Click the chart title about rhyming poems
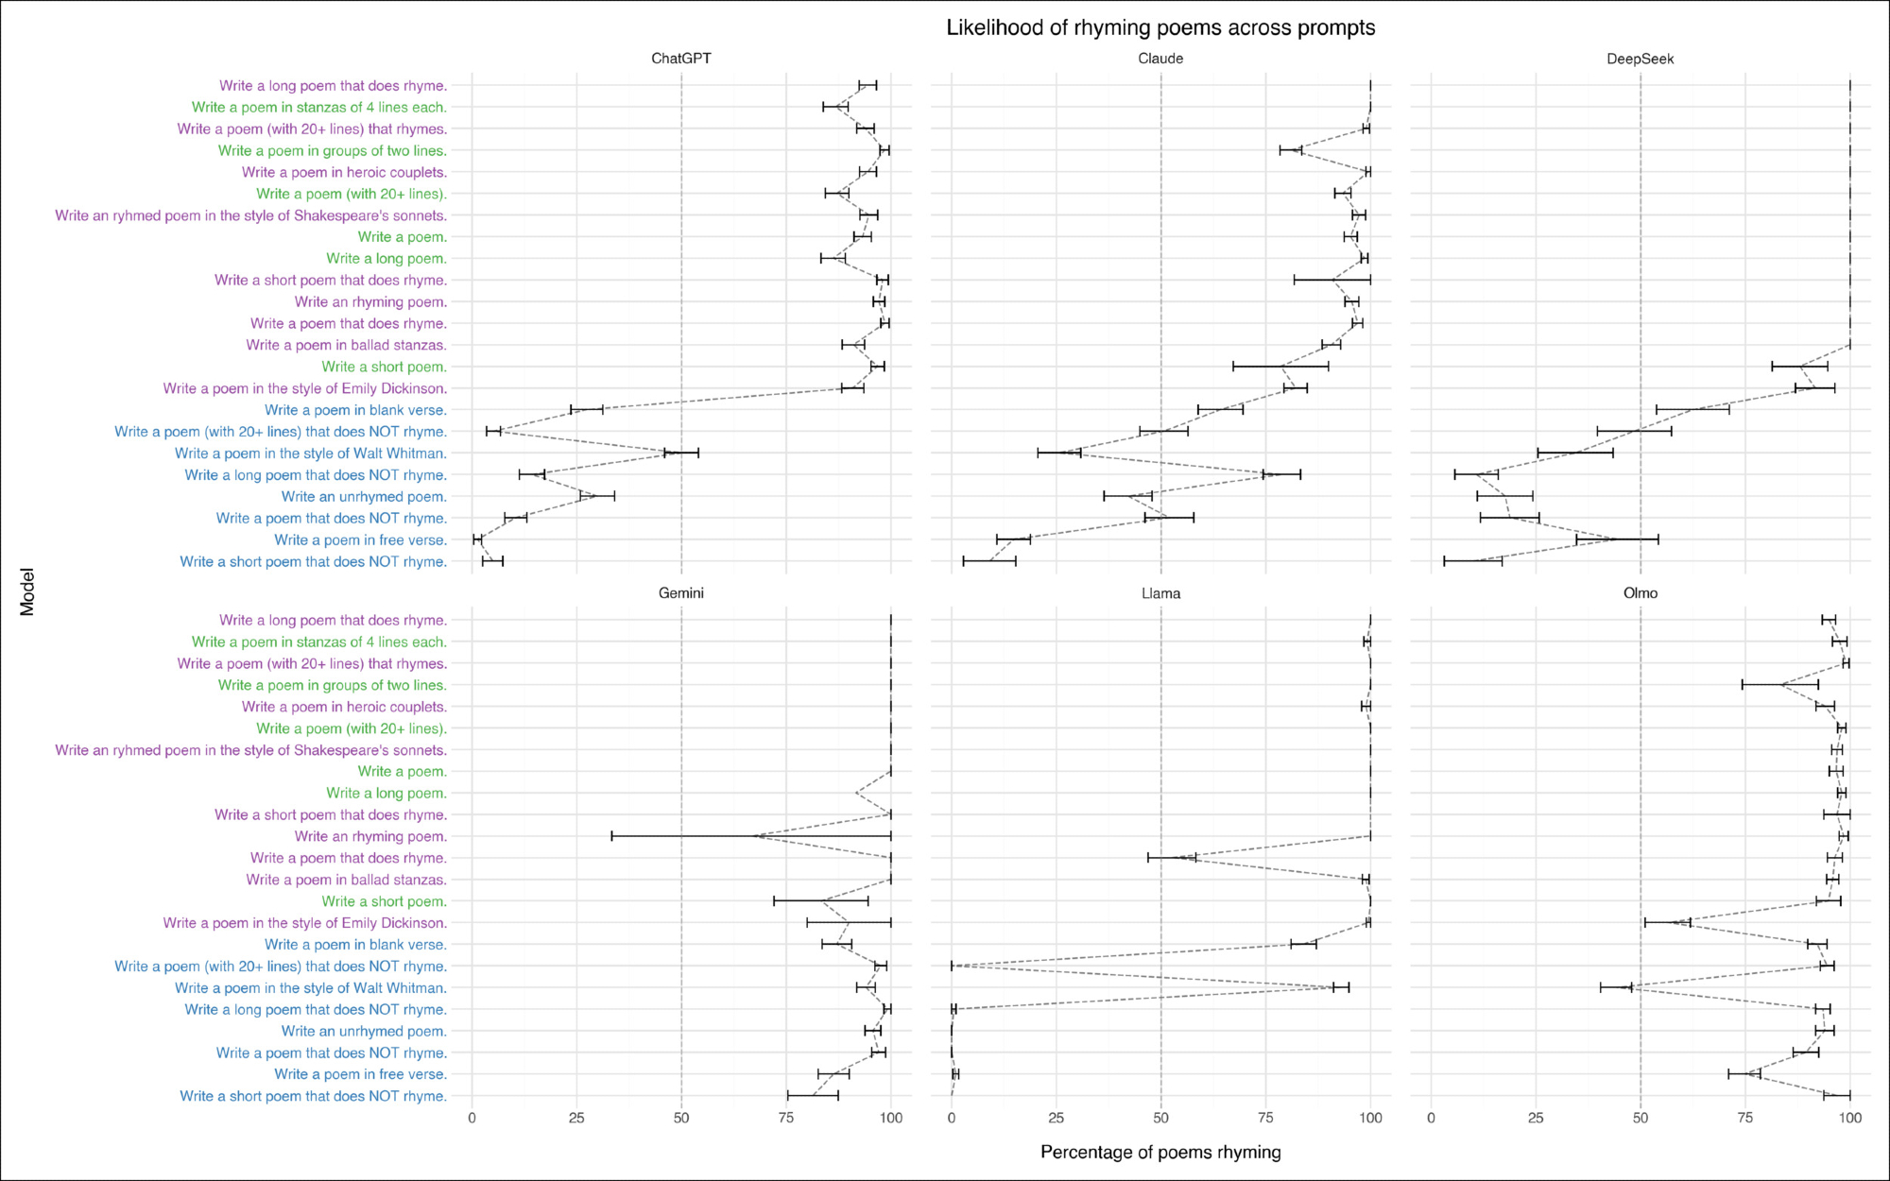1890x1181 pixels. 1160,28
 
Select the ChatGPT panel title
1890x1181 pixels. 680,59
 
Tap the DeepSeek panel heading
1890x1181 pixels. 1640,59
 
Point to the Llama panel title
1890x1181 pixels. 1160,593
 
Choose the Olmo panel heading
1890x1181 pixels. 1640,593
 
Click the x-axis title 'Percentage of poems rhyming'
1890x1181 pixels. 1160,1152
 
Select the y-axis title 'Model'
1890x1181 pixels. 26,591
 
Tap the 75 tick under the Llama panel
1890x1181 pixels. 1265,1118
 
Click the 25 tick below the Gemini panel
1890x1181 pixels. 576,1118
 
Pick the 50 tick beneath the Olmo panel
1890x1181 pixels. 1641,1118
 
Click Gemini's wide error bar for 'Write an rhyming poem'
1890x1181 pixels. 751,836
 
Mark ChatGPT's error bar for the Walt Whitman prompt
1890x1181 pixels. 681,454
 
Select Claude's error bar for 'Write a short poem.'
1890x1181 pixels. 1280,367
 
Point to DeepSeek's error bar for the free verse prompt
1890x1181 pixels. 1617,539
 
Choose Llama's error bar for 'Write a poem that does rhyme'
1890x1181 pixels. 1172,858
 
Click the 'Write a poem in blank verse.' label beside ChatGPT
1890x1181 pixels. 355,410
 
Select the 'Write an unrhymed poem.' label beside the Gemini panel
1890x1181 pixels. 364,1031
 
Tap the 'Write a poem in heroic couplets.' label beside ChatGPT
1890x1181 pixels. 344,172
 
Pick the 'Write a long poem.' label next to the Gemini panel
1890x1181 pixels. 387,793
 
